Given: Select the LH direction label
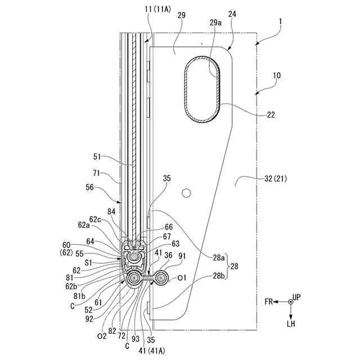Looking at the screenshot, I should [290, 325].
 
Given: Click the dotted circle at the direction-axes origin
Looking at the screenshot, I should [290, 303].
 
